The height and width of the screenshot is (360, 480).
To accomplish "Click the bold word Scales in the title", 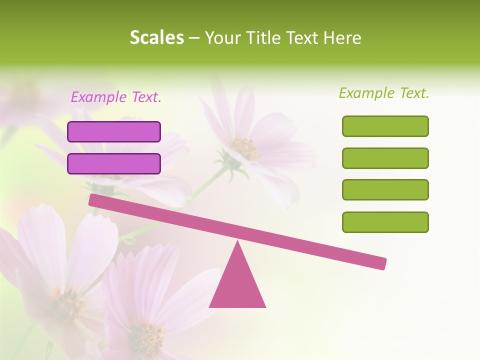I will pyautogui.click(x=157, y=37).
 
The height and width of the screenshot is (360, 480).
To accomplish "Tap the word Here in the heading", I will pyautogui.click(x=342, y=37).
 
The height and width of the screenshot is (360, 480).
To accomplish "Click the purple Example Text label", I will pyautogui.click(x=116, y=97).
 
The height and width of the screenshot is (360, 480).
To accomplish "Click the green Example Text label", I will pyautogui.click(x=384, y=93).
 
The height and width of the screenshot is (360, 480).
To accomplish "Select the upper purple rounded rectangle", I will pyautogui.click(x=114, y=131).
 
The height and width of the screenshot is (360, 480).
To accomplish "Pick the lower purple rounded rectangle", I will pyautogui.click(x=114, y=163).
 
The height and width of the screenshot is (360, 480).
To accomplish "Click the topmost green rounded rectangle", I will pyautogui.click(x=385, y=126).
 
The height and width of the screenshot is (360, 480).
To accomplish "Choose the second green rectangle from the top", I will pyautogui.click(x=385, y=158).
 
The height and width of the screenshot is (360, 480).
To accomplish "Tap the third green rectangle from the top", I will pyautogui.click(x=385, y=190).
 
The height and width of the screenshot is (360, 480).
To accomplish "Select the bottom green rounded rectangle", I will pyautogui.click(x=385, y=222).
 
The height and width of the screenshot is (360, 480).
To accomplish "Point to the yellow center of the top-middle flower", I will pyautogui.click(x=244, y=147).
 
